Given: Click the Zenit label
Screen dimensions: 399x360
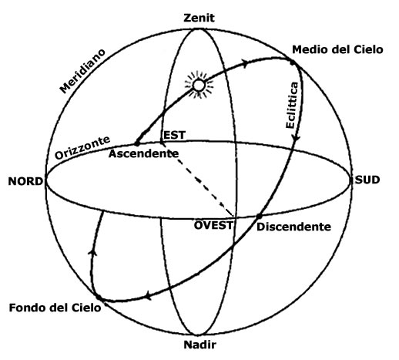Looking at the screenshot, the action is click(199, 18).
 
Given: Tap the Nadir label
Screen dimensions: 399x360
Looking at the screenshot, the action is click(200, 345).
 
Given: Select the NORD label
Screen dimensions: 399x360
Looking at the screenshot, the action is click(25, 181).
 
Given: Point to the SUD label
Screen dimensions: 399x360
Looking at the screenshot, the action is click(367, 180).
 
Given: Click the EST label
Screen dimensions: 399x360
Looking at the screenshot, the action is click(174, 135).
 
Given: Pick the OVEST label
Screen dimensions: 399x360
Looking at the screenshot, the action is click(213, 225).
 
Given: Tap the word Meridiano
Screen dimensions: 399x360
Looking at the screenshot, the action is click(82, 71).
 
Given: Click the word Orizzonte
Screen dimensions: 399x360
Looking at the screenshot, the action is click(82, 147).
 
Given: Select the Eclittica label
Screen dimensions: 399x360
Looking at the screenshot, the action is click(292, 105).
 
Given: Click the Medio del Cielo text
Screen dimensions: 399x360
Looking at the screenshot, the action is click(337, 49).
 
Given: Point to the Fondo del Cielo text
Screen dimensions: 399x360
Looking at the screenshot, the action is click(55, 308).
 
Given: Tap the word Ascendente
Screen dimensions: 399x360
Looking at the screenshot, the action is click(143, 153).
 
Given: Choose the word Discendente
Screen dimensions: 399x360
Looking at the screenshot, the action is click(293, 227).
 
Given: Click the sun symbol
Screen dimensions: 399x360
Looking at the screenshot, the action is click(199, 85).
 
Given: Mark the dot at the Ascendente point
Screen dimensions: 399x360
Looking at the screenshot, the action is click(137, 143).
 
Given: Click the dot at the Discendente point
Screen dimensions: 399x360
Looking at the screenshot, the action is click(259, 217).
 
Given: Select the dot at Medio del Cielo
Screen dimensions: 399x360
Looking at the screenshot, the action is click(293, 62).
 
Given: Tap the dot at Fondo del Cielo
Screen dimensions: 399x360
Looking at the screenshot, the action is click(99, 298).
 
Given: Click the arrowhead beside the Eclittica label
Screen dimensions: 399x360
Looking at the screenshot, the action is click(297, 138).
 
